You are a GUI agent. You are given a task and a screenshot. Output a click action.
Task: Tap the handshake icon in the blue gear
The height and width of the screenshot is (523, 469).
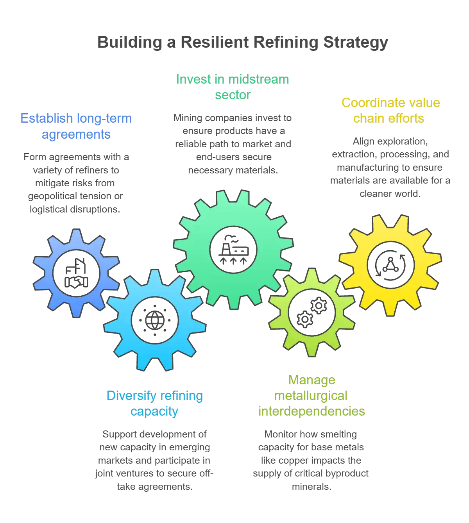pyautogui.click(x=76, y=273)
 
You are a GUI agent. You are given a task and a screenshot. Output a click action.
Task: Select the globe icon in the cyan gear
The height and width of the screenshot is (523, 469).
pyautogui.click(x=155, y=320)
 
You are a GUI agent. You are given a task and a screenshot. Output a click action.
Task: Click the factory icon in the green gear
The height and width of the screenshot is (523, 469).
pyautogui.click(x=233, y=249)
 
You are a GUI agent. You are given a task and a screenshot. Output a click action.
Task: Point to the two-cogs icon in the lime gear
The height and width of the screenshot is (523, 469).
pyautogui.click(x=312, y=312)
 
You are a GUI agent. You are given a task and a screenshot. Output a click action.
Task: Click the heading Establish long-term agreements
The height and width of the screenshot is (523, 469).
pyautogui.click(x=76, y=126)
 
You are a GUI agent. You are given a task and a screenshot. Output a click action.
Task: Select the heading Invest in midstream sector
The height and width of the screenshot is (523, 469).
pyautogui.click(x=233, y=87)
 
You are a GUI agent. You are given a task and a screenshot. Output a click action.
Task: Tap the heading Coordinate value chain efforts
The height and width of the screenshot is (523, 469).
pyautogui.click(x=390, y=111)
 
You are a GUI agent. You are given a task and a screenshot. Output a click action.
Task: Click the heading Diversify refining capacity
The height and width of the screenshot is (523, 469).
pyautogui.click(x=155, y=403)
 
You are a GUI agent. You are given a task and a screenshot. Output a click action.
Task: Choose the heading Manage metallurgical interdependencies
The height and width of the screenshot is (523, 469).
pyautogui.click(x=311, y=396)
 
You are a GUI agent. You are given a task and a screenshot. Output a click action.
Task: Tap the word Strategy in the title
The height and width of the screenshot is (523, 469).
pyautogui.click(x=356, y=43)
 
